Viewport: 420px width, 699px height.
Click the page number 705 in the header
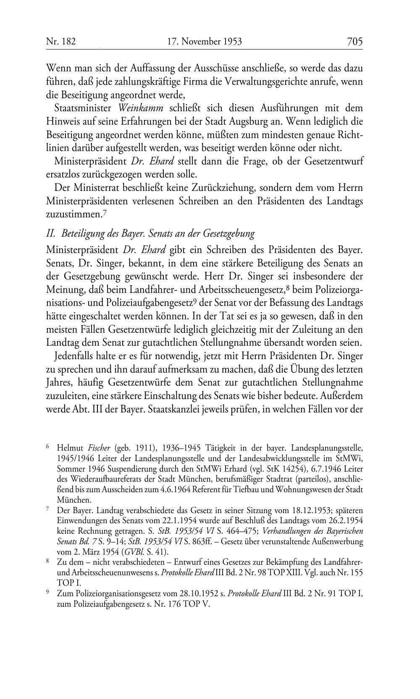pyautogui.click(x=354, y=42)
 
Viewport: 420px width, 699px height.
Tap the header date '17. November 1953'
pyautogui.click(x=205, y=42)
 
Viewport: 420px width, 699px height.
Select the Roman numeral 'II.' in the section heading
pyautogui.click(x=51, y=233)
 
